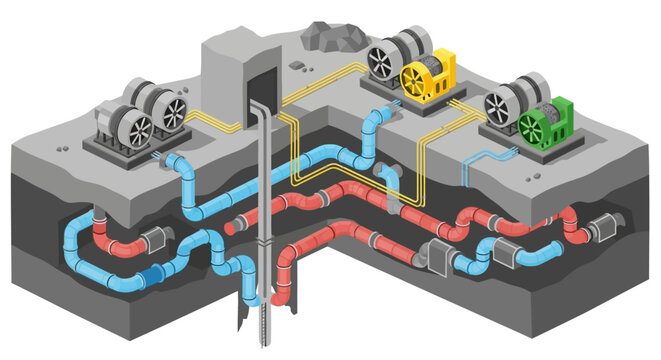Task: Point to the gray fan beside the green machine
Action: click(x=497, y=105)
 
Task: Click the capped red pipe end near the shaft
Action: click(x=230, y=229)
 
